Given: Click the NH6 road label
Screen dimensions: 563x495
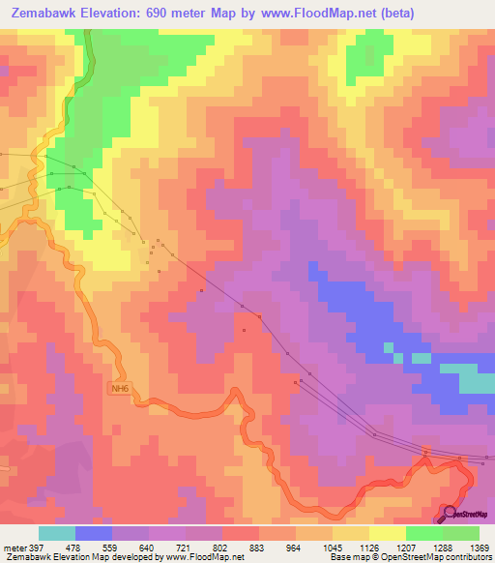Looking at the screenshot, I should (x=118, y=389).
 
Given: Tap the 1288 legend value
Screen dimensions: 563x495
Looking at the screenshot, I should (x=443, y=548).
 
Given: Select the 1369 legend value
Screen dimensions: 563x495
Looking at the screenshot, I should (x=480, y=548).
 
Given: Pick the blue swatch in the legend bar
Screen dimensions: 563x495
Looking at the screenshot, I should (x=92, y=533).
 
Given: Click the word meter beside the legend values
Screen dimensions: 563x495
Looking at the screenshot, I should (x=14, y=548).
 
